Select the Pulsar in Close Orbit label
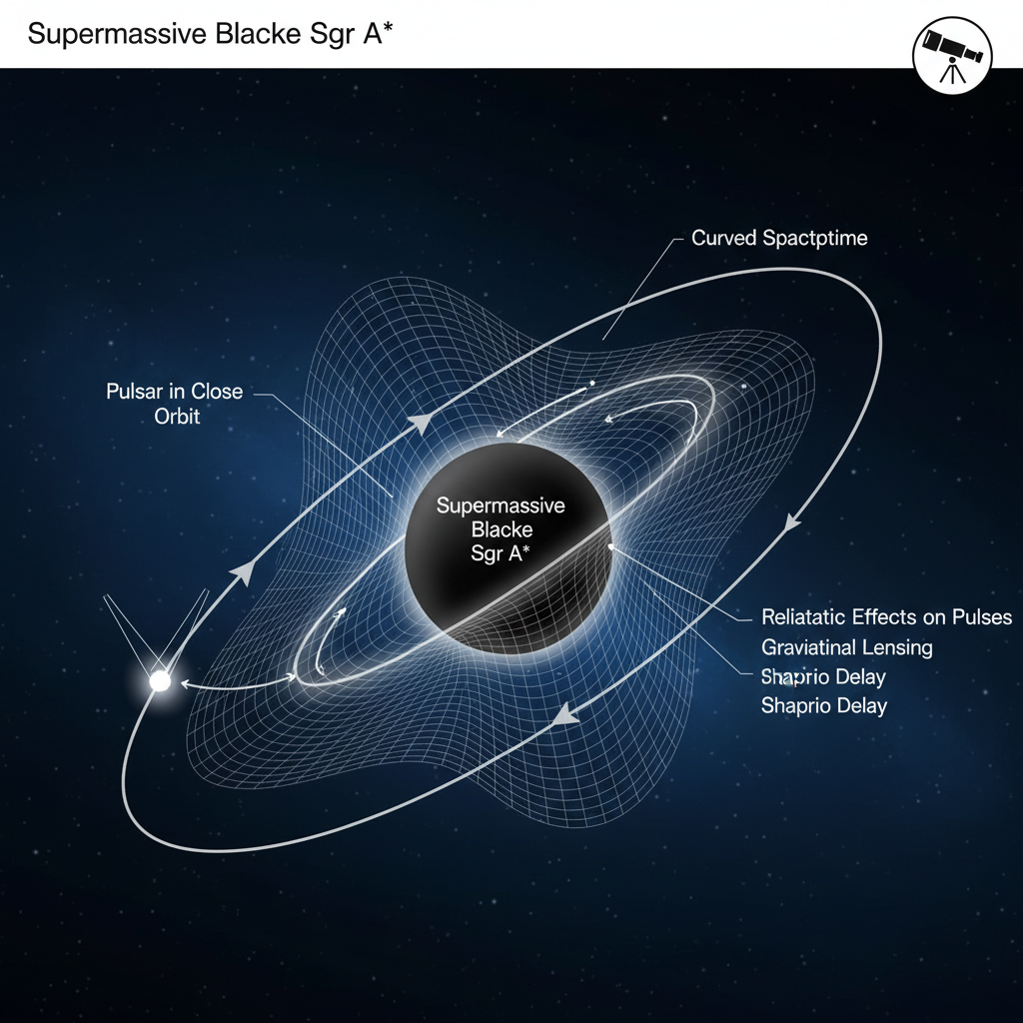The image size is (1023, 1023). (175, 403)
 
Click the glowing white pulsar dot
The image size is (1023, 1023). (159, 682)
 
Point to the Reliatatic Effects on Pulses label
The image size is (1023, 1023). (886, 616)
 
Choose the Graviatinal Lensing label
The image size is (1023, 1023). (846, 647)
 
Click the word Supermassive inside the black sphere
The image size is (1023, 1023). (501, 506)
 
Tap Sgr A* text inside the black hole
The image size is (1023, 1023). (501, 554)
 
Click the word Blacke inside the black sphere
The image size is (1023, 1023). (501, 529)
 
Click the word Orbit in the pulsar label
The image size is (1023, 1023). (177, 416)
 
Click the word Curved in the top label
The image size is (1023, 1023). (722, 239)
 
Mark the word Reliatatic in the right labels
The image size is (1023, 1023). (804, 616)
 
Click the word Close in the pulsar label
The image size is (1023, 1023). (217, 391)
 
